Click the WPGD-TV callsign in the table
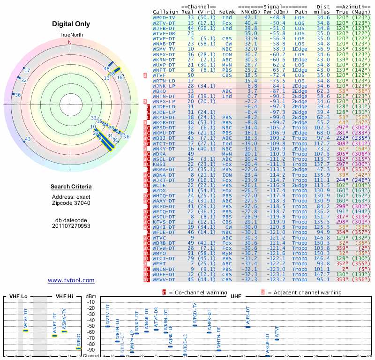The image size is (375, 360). coord(165,17)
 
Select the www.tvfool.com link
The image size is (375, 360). coord(71,280)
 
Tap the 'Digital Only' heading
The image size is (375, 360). coord(70,24)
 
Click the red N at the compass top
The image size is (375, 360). coord(70,43)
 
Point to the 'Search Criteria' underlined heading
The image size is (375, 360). coord(70,187)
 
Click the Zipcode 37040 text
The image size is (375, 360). coord(70,203)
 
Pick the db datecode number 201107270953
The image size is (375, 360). coord(70,226)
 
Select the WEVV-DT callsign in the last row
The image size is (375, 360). coord(165,279)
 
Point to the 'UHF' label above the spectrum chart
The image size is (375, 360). coord(236,296)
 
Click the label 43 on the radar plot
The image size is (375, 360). coord(28,139)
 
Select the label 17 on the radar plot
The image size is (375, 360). coord(27,71)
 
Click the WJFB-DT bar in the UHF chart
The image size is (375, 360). coord(248,327)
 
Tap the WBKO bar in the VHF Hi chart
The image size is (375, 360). coord(78,348)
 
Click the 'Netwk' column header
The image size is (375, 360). coord(227,12)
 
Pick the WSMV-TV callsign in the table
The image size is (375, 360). coord(165,49)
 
